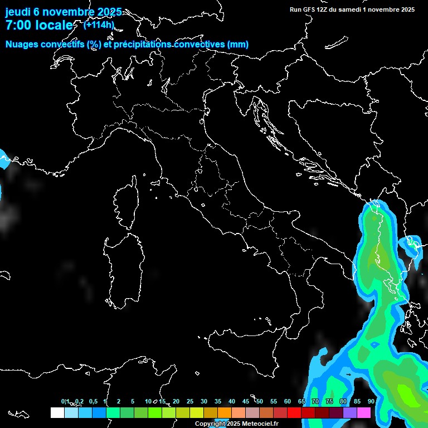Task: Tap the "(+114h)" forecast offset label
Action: tap(99, 25)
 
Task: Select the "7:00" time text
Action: tap(18, 25)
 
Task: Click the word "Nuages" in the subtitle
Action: tap(22, 45)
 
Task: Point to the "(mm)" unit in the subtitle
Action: tap(237, 45)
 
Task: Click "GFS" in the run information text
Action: tap(310, 9)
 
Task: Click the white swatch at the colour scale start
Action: tap(57, 413)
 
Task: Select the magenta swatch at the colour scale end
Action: tap(364, 413)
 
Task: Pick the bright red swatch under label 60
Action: tap(294, 413)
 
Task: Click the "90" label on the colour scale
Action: tap(371, 401)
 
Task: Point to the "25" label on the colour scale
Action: tap(190, 401)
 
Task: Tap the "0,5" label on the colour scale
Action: tap(93, 401)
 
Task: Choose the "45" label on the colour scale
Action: tap(246, 401)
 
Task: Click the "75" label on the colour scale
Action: tap(329, 401)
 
